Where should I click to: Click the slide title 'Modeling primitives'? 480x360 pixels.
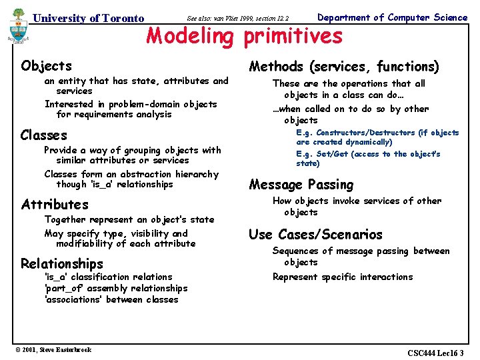[244, 36]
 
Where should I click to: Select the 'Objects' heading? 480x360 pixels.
[46, 65]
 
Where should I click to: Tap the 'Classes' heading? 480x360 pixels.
[44, 135]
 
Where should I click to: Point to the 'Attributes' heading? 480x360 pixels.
[55, 204]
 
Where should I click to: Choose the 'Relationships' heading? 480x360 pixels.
[62, 263]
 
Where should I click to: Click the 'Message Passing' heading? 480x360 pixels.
[301, 185]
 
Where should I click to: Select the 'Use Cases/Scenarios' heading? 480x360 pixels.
[315, 234]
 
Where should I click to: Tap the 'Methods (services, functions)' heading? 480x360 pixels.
[344, 66]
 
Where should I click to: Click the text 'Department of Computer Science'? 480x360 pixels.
[392, 17]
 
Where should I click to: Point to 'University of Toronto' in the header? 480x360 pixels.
[89, 18]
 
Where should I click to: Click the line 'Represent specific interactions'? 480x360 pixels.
[343, 277]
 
